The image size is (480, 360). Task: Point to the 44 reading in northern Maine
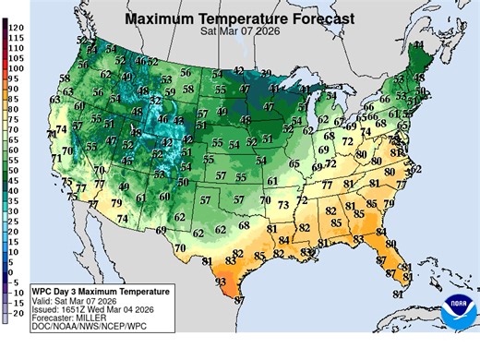click(418, 44)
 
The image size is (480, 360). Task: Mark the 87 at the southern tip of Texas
click(239, 301)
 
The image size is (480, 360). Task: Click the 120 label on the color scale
click(18, 28)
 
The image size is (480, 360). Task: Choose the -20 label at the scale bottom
click(16, 314)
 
